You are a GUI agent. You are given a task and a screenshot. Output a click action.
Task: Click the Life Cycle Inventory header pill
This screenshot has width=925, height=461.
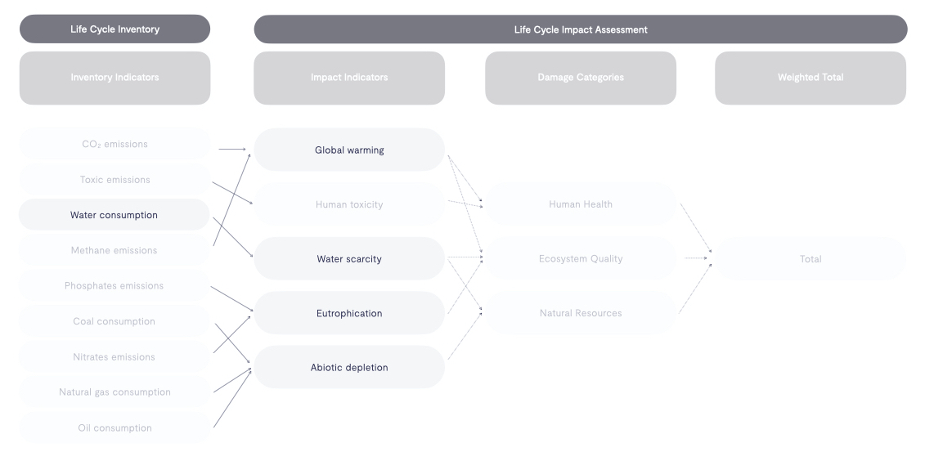[x=115, y=29]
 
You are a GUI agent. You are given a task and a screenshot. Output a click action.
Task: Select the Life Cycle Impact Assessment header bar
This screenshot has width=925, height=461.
[x=580, y=29]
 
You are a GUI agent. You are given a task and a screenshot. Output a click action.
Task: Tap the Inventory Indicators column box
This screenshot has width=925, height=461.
[x=115, y=78]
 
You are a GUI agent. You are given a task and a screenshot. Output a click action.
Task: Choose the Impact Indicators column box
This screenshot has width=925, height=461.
[x=349, y=78]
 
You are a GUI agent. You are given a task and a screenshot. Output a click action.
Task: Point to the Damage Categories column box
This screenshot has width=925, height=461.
[x=580, y=78]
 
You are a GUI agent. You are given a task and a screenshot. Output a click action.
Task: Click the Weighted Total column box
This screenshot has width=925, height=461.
[x=810, y=78]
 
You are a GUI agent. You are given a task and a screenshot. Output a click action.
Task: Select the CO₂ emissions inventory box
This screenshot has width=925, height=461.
[x=115, y=144]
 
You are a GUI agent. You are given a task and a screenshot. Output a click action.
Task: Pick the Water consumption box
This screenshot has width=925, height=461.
[x=115, y=215]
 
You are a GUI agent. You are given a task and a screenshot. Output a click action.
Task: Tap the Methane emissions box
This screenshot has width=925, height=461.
[x=115, y=250]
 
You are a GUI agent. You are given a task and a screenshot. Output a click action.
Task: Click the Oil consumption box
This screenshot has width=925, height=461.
[x=115, y=427]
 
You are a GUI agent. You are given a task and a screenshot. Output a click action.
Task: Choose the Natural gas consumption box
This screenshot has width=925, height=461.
[x=115, y=392]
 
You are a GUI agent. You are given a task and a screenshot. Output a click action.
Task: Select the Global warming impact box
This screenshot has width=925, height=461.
[x=349, y=150]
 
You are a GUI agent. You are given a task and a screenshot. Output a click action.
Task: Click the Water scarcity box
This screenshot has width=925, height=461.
[x=349, y=259]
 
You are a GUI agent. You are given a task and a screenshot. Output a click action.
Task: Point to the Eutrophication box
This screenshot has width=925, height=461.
[x=349, y=313]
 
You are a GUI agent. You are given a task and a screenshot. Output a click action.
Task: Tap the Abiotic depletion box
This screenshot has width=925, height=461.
[x=349, y=367]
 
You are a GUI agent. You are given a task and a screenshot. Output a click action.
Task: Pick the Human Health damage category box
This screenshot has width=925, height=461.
[x=580, y=204]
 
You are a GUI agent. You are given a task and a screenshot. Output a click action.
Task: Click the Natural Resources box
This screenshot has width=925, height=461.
[x=580, y=313]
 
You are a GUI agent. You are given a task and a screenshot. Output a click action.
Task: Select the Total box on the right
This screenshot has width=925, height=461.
[x=810, y=259]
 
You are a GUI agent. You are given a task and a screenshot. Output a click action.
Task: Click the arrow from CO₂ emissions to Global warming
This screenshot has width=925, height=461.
[x=232, y=150]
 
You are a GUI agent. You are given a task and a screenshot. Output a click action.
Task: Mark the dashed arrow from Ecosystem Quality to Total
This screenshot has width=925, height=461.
[x=695, y=258]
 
